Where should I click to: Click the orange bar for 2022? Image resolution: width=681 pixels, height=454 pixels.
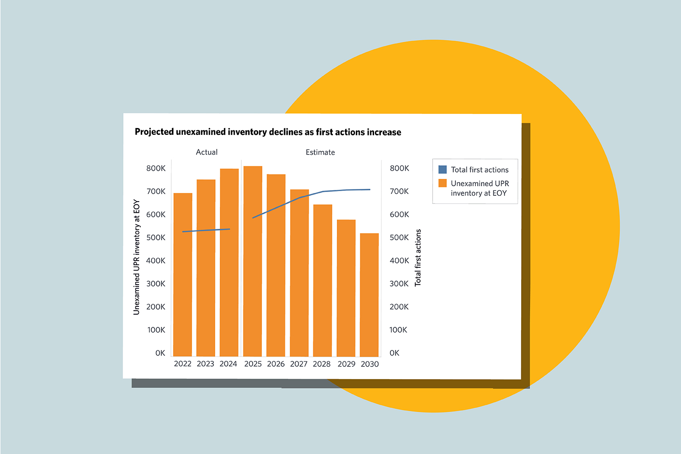point(183,275)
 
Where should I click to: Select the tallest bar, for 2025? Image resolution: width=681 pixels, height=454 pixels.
point(253,261)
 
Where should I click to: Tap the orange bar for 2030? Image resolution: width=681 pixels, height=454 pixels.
point(369,295)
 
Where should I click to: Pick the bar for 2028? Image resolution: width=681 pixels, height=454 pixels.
point(322,281)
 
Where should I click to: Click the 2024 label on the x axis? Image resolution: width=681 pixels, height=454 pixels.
point(228,364)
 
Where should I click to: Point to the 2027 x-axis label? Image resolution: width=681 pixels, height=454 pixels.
point(299,364)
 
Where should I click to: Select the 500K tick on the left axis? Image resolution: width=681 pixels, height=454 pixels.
point(156,237)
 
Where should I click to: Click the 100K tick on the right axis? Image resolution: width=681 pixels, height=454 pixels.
point(398,330)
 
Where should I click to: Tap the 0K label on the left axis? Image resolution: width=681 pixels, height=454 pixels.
point(160,353)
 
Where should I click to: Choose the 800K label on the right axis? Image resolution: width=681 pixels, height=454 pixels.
point(400,168)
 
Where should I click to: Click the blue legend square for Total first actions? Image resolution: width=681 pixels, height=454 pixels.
point(443,170)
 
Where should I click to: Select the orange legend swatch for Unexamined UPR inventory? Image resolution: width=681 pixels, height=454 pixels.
point(443,183)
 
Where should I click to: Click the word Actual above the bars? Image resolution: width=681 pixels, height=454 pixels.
point(207,152)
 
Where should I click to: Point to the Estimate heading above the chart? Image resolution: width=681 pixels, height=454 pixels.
point(320,152)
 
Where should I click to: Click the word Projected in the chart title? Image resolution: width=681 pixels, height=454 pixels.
point(154,132)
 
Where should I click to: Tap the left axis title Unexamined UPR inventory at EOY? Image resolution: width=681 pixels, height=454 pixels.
point(136,257)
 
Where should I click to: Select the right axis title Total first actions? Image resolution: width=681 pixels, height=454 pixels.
point(418,257)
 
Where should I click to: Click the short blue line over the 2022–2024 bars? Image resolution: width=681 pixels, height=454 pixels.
point(206,230)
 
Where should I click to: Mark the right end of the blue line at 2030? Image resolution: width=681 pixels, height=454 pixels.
point(370,189)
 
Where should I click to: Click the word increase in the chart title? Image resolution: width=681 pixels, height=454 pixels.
point(384,132)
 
